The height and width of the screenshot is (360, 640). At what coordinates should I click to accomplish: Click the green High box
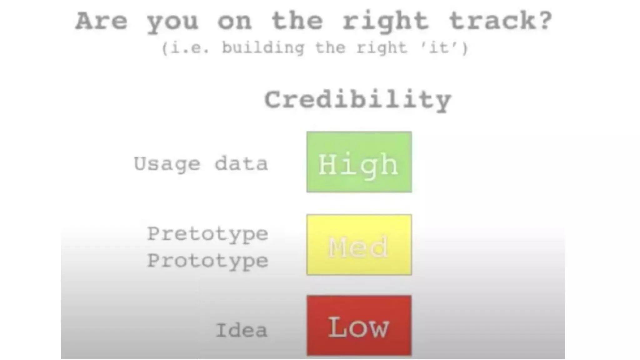[x=359, y=162]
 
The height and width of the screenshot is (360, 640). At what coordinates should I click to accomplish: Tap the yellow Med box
[x=359, y=245]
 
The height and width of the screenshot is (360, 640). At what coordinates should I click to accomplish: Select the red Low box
[x=359, y=325]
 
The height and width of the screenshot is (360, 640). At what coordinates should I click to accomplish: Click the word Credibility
[x=358, y=100]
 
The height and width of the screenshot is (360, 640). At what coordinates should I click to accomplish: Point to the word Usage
[x=167, y=164]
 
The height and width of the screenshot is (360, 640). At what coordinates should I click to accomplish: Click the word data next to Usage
[x=241, y=163]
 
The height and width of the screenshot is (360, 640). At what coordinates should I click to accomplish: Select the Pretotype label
[x=207, y=234]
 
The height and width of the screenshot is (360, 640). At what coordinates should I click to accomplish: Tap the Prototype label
[x=207, y=261]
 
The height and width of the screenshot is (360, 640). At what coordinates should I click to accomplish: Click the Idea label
[x=242, y=330]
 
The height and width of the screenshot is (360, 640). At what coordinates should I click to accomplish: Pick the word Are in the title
[x=102, y=21]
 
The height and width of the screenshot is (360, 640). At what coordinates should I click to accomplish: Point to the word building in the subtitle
[x=263, y=48]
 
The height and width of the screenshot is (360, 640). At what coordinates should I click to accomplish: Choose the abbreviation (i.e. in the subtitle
[x=186, y=48]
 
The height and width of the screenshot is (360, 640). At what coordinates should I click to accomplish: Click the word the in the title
[x=297, y=21]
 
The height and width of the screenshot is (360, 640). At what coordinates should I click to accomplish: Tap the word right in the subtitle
[x=382, y=48]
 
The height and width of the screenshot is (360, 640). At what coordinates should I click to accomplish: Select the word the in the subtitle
[x=330, y=48]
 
